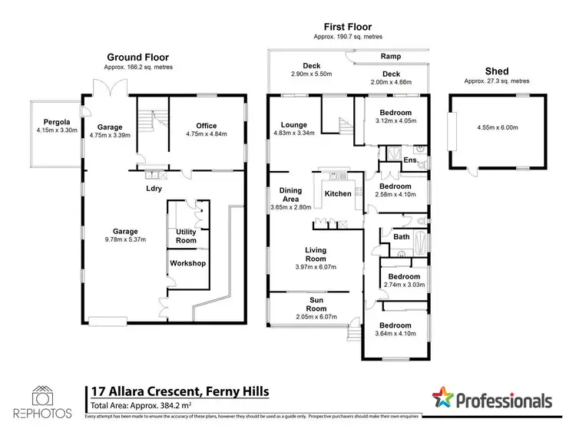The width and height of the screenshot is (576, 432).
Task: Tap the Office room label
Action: click(206, 126)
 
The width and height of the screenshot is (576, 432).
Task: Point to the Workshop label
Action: click(187, 264)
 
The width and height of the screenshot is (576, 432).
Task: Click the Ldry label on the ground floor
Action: click(152, 186)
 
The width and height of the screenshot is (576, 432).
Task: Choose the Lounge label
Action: click(294, 125)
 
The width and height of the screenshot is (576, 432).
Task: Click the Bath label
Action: click(402, 237)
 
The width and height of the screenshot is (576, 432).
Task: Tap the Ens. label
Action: click(411, 160)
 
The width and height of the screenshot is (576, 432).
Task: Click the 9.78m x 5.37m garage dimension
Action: click(127, 240)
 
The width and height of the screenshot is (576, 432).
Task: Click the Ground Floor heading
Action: click(137, 57)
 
